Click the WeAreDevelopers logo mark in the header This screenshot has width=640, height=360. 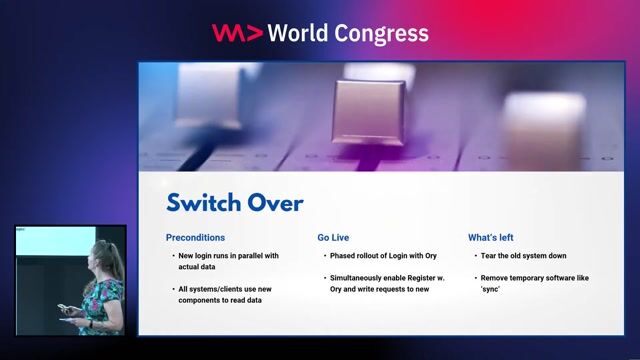(237, 33)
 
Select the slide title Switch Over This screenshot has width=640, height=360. (234, 203)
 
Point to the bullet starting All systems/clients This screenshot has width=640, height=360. (223, 294)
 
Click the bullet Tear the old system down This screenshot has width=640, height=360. (522, 256)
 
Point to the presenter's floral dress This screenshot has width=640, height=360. (101, 300)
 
